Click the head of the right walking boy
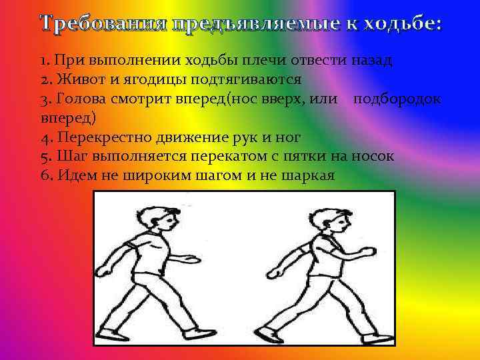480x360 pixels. pos(330,220)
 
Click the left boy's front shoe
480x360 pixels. pos(199,333)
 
